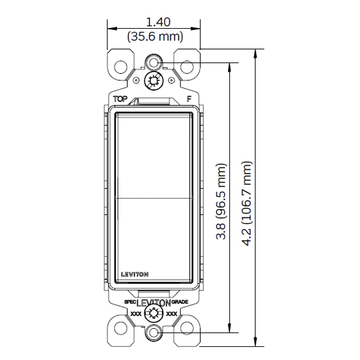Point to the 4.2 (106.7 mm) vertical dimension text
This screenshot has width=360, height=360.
pyautogui.click(x=246, y=201)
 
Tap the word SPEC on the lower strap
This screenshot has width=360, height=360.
pyautogui.click(x=130, y=302)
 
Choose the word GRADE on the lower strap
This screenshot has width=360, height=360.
pyautogui.click(x=180, y=302)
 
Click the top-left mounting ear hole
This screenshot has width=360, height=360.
pyautogui.click(x=122, y=64)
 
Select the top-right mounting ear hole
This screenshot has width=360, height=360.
pyautogui.click(x=186, y=64)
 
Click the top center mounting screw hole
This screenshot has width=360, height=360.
pyautogui.click(x=154, y=63)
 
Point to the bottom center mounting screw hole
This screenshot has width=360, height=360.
pyautogui.click(x=154, y=333)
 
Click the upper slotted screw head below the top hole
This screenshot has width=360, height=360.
pyautogui.click(x=154, y=81)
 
